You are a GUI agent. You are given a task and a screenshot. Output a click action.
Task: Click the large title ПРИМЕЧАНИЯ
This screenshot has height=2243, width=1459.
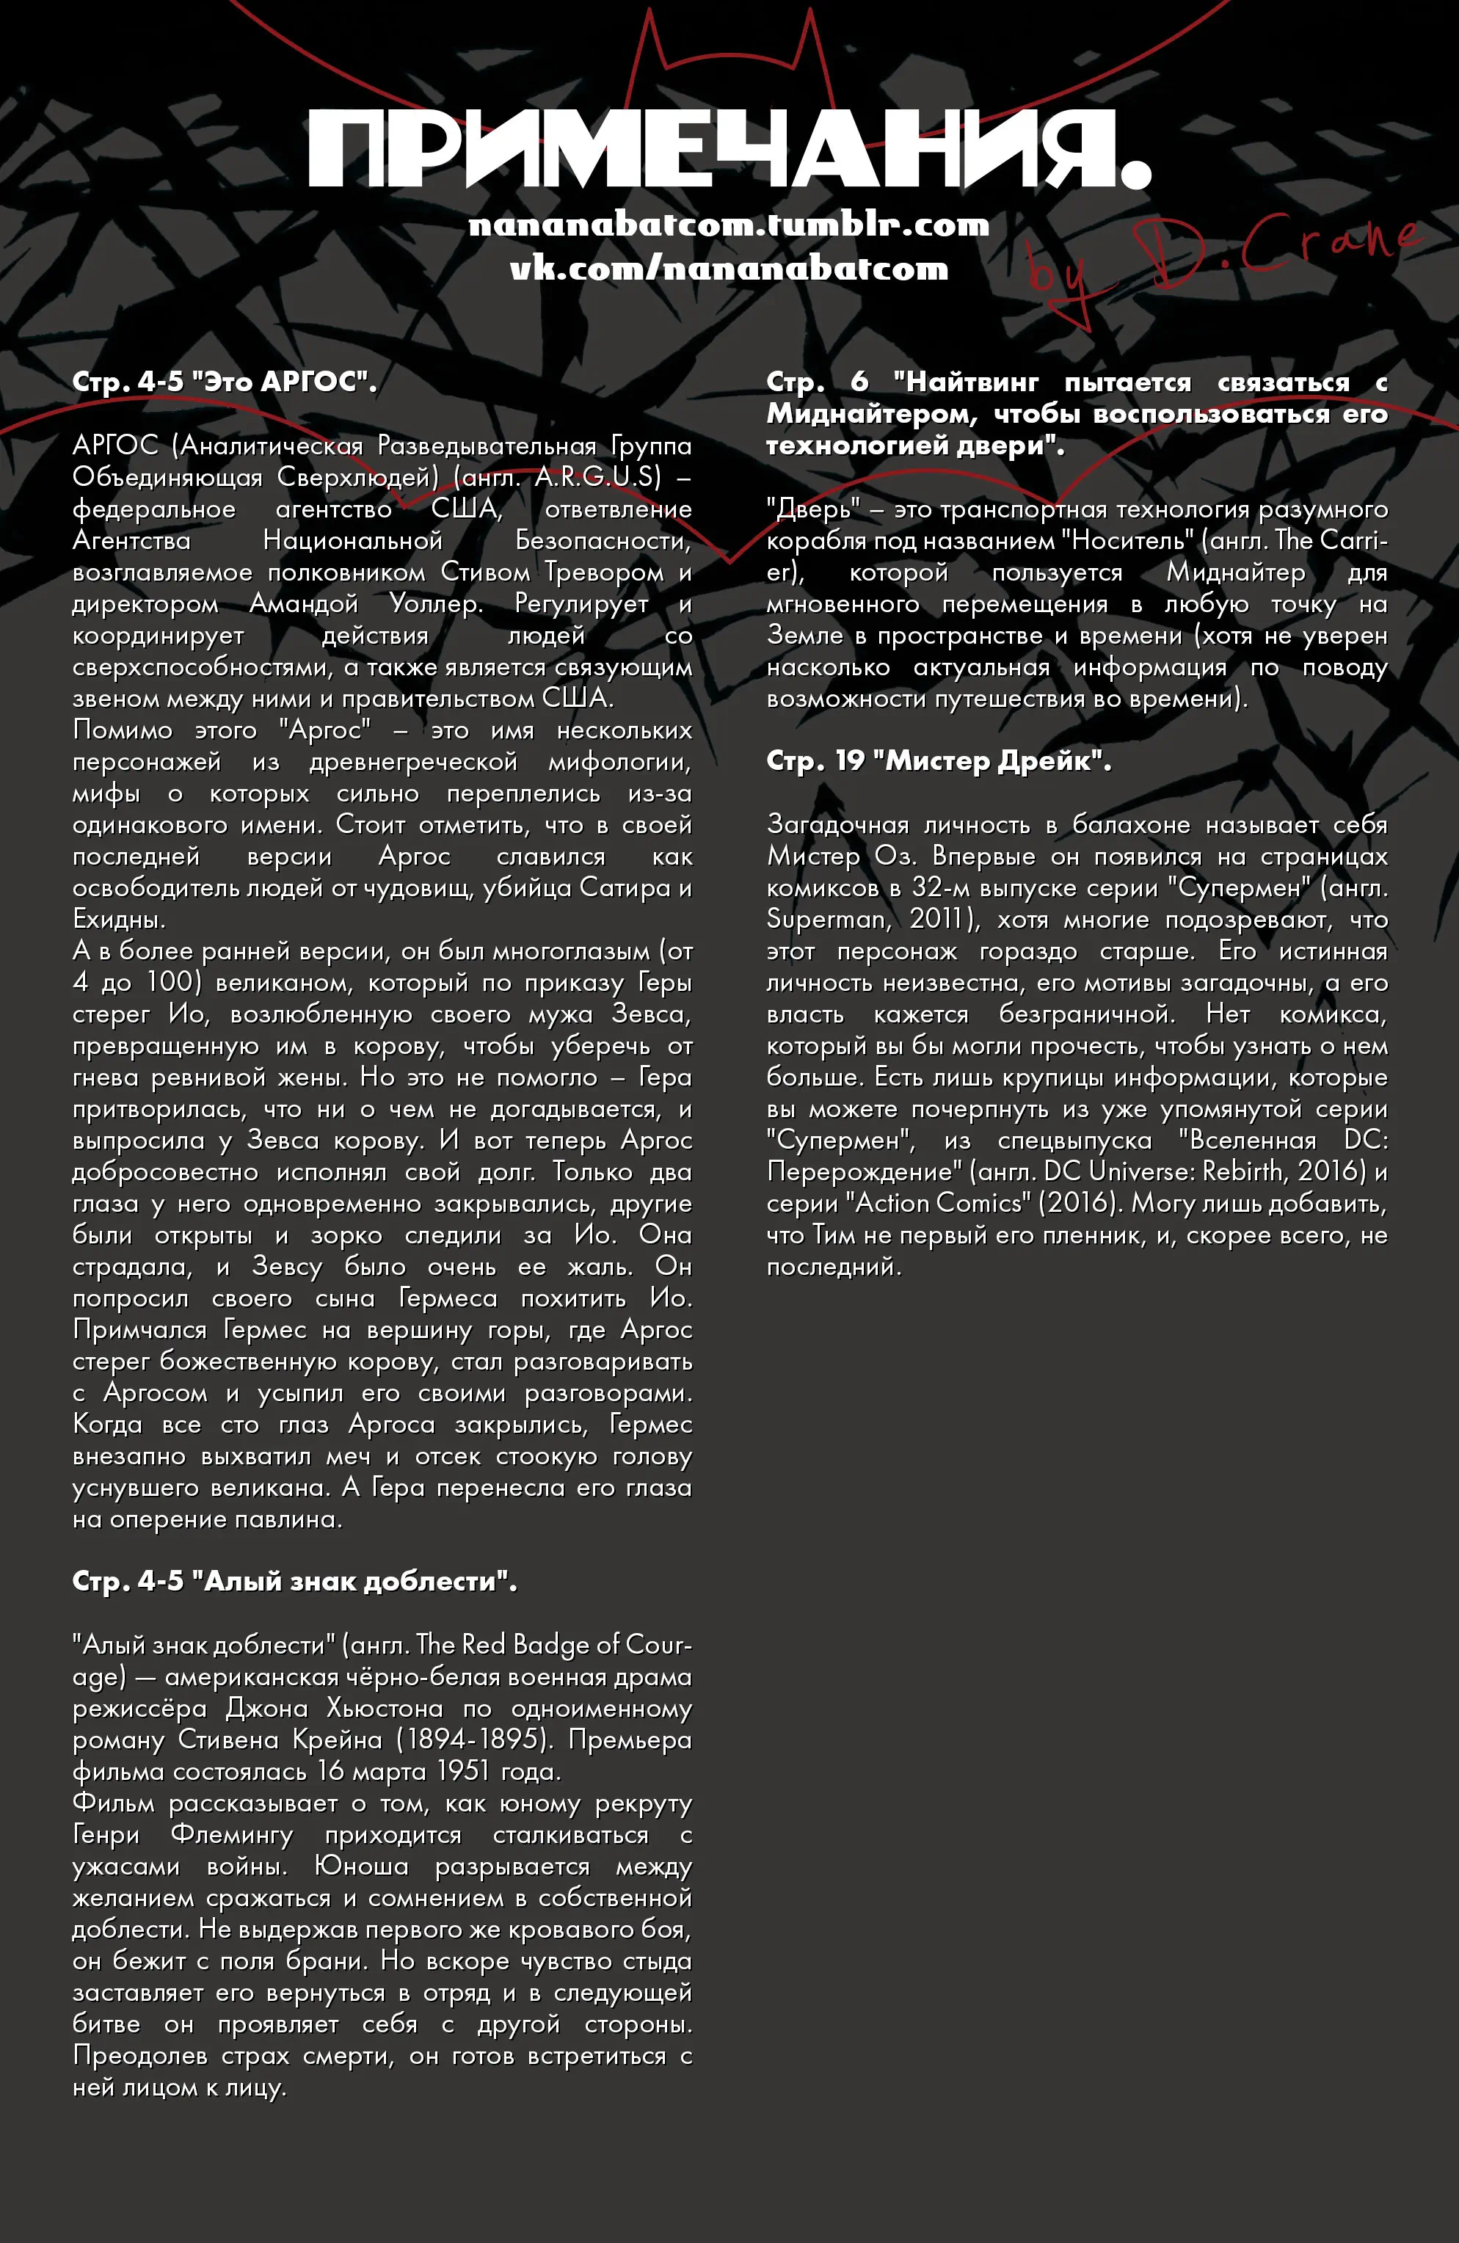click(x=729, y=150)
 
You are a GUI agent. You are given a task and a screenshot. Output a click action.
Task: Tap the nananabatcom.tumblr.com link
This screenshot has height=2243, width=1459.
click(x=729, y=225)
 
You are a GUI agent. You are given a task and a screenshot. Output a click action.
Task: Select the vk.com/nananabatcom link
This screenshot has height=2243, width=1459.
click(x=729, y=269)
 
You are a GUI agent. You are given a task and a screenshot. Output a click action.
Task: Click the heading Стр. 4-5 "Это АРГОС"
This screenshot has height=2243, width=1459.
click(x=225, y=382)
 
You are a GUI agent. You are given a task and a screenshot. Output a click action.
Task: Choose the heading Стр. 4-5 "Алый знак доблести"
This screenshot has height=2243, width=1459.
click(x=294, y=1582)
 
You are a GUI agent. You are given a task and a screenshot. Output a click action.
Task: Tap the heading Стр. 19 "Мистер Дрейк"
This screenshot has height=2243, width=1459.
click(x=939, y=761)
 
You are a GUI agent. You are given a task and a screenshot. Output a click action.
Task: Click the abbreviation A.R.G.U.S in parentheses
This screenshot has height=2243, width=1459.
click(x=598, y=477)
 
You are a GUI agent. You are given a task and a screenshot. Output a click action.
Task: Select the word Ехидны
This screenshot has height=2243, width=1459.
click(x=119, y=919)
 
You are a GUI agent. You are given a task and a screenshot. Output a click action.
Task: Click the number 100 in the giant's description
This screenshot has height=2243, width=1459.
click(x=170, y=982)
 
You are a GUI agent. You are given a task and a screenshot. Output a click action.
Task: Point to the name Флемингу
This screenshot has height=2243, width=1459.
click(x=232, y=1835)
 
